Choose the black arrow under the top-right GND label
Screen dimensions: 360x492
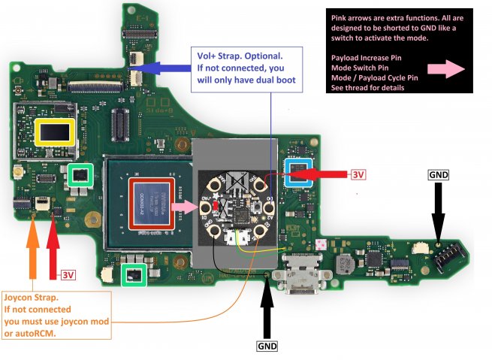coord(439,214)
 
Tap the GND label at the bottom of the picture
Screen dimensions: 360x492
coord(267,346)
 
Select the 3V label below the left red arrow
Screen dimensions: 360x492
coord(68,274)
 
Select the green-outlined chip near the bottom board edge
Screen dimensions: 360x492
coord(134,274)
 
